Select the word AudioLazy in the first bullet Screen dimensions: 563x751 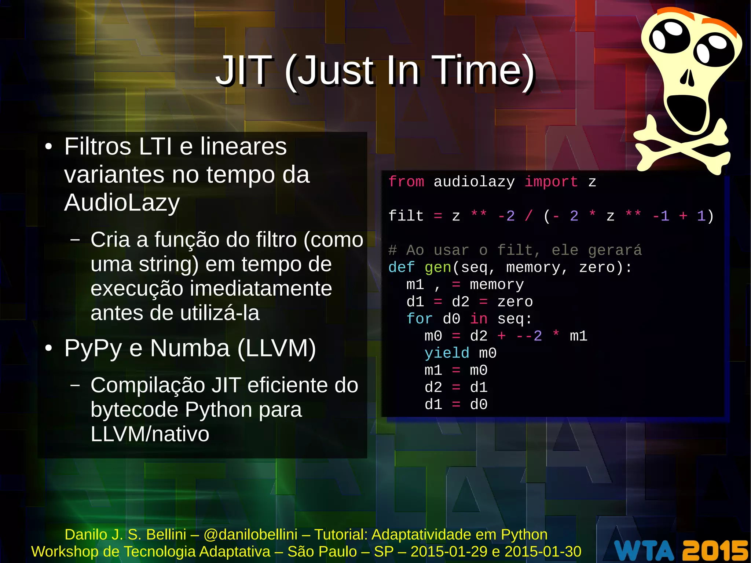coord(122,202)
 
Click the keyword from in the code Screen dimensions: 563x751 coord(406,182)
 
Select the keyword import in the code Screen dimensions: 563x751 coord(551,182)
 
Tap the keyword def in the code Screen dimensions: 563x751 coord(401,267)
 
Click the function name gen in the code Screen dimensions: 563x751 coord(438,267)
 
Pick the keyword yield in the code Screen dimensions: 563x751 coord(447,353)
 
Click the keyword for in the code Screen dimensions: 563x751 coord(420,319)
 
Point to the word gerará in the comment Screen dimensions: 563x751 coord(615,251)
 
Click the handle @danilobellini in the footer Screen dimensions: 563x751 coord(250,534)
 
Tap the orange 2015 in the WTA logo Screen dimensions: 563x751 coord(715,550)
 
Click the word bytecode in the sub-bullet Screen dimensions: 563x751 coord(134,410)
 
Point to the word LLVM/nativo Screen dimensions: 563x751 coord(150,434)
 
